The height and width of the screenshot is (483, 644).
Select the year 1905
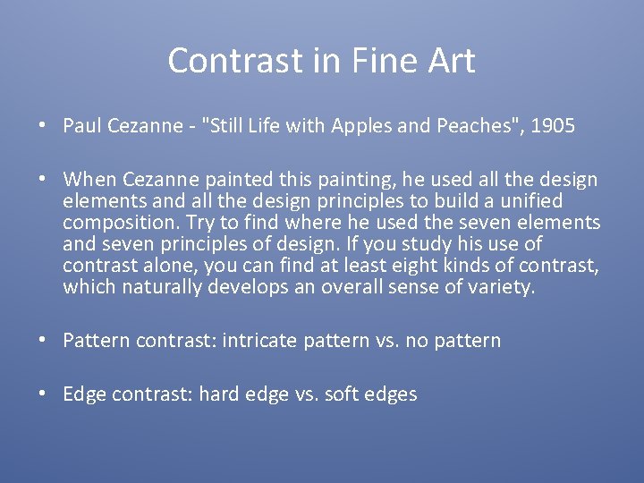pos(553,126)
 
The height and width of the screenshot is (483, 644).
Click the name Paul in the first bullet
pos(81,126)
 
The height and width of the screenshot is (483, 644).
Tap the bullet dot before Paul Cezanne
pos(43,126)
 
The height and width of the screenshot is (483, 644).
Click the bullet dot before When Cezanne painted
pos(43,180)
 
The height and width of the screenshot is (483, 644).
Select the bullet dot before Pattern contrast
pos(43,341)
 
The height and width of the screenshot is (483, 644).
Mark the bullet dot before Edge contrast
pos(43,394)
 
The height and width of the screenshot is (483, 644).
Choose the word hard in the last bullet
pos(217,394)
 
